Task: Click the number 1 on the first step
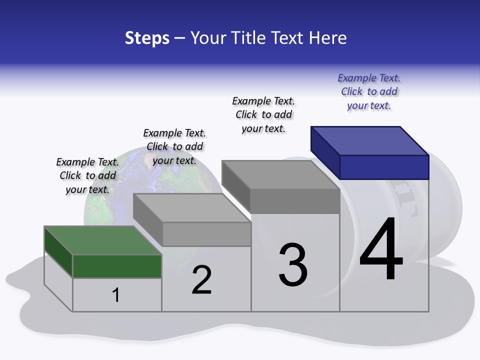[116, 295]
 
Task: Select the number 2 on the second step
[202, 280]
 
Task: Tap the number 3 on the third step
[293, 265]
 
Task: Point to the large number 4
[381, 249]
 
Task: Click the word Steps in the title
[147, 38]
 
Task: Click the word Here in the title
[328, 38]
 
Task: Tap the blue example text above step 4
[369, 92]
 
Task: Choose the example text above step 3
[263, 114]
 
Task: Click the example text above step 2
[174, 146]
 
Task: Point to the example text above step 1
[87, 175]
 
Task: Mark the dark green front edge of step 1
[117, 266]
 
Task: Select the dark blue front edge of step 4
[384, 167]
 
